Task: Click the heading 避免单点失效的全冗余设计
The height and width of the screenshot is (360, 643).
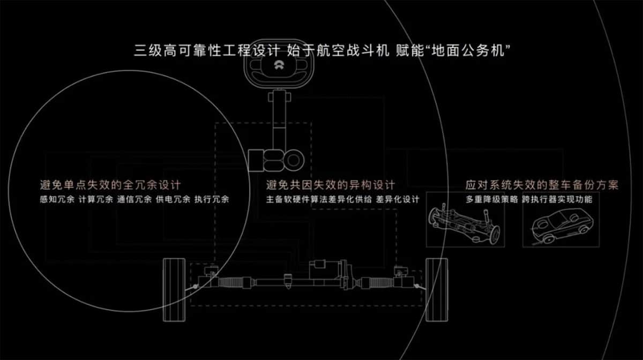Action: coord(110,185)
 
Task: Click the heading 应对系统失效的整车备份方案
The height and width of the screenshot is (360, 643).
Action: coord(542,185)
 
